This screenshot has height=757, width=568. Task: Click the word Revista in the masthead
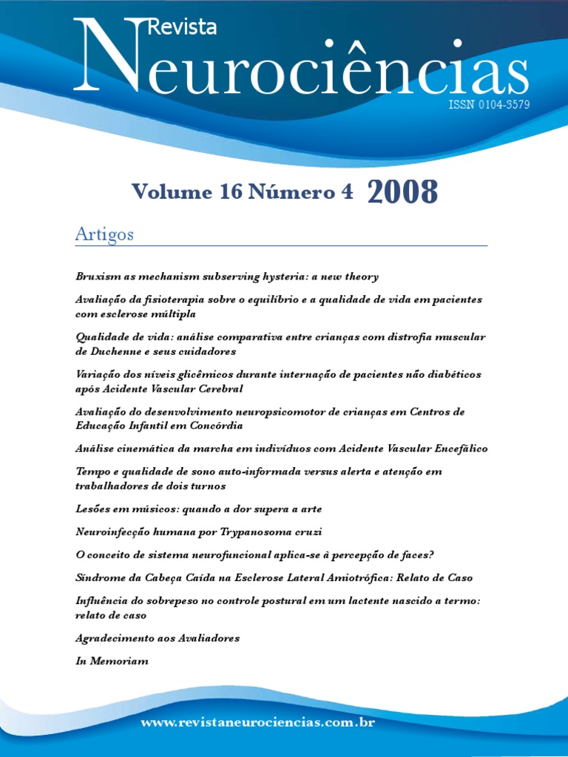(183, 27)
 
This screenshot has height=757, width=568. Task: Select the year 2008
(402, 193)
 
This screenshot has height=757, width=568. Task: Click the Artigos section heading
(104, 234)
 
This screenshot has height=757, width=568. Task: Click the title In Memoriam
(112, 661)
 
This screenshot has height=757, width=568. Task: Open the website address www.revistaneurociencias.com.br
(258, 722)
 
